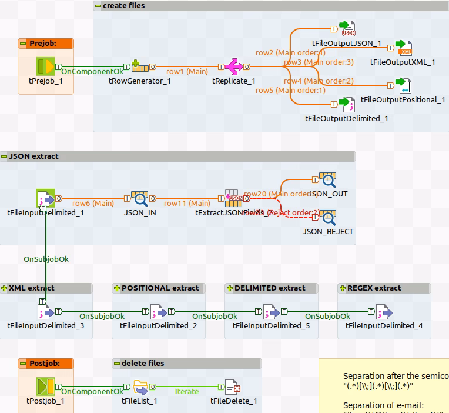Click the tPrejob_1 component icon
point(45,66)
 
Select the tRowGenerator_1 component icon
point(139,66)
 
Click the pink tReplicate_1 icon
point(233,66)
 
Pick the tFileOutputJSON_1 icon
point(349,29)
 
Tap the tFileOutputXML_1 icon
point(404,48)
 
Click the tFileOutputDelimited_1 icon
point(349,104)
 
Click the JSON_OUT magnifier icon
point(327,181)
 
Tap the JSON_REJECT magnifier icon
point(327,217)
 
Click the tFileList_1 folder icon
point(140,387)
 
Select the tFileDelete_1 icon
point(233,387)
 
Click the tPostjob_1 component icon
point(45,387)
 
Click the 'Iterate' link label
point(187,391)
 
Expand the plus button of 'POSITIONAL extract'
point(117,288)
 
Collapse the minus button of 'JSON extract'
point(4,156)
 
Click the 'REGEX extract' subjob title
point(374,288)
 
